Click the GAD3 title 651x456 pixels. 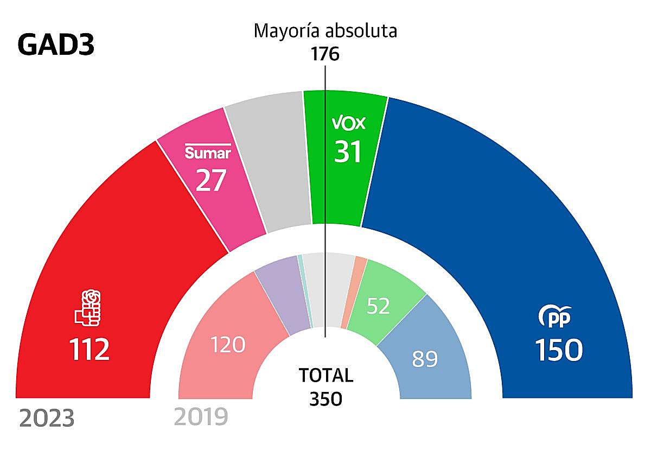coord(56,46)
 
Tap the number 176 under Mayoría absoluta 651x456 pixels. coord(325,54)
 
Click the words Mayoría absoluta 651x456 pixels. coord(325,31)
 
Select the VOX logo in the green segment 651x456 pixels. coord(348,124)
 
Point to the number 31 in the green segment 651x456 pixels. coord(348,151)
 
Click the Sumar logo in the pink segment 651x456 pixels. coord(208,152)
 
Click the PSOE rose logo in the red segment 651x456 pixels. coord(88,308)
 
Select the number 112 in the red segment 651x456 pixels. coord(90,350)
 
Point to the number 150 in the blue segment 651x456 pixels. coord(559,350)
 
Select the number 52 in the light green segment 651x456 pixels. coord(378,306)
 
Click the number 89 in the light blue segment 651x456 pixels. coord(425,359)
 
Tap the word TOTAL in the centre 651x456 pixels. coord(326,375)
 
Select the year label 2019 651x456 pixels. coord(201,417)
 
